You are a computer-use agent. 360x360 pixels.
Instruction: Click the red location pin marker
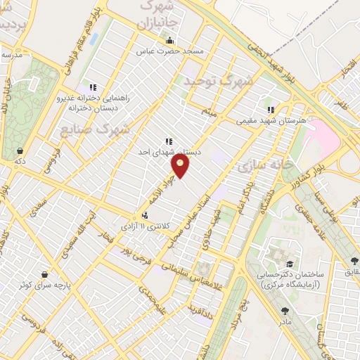tap(181, 165)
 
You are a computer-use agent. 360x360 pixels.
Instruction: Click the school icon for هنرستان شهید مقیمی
tap(270, 110)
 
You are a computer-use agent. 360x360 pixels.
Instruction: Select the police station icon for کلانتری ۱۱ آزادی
tap(144, 216)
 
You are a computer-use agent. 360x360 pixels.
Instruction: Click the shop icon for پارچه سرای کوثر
tap(46, 274)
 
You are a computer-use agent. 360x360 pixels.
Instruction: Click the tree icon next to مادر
tap(284, 310)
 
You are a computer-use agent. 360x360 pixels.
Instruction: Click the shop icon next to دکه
tap(22, 150)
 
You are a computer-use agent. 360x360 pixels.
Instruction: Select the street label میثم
tap(209, 112)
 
